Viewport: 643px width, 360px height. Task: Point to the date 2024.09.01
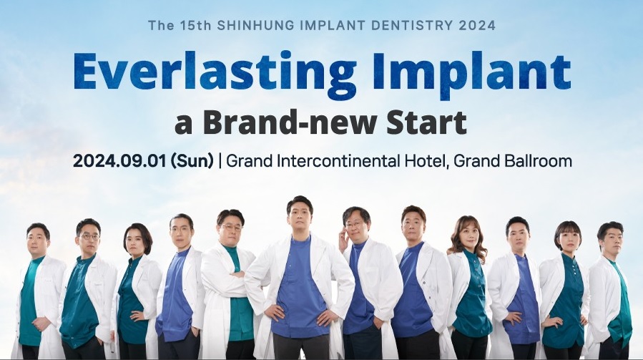click(119, 160)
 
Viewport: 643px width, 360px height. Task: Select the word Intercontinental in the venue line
click(338, 160)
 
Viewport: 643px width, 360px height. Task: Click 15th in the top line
click(195, 25)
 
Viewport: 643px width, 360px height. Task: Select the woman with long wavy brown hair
click(469, 287)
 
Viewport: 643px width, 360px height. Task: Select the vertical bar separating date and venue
click(220, 160)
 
